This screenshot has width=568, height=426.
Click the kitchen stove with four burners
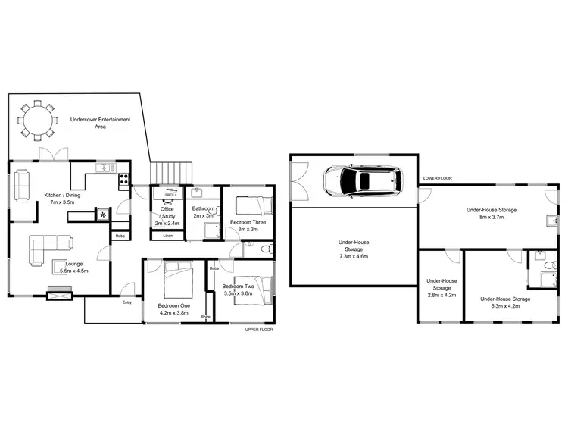[123, 180]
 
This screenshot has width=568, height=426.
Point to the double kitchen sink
[104, 168]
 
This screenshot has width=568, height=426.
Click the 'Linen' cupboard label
[167, 236]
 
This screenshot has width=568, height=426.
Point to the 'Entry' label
[127, 302]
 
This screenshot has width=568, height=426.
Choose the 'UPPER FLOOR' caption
[258, 330]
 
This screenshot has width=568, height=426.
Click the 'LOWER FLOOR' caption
[437, 178]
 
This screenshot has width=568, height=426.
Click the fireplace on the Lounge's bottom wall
[59, 292]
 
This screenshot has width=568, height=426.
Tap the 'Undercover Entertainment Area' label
[100, 123]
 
